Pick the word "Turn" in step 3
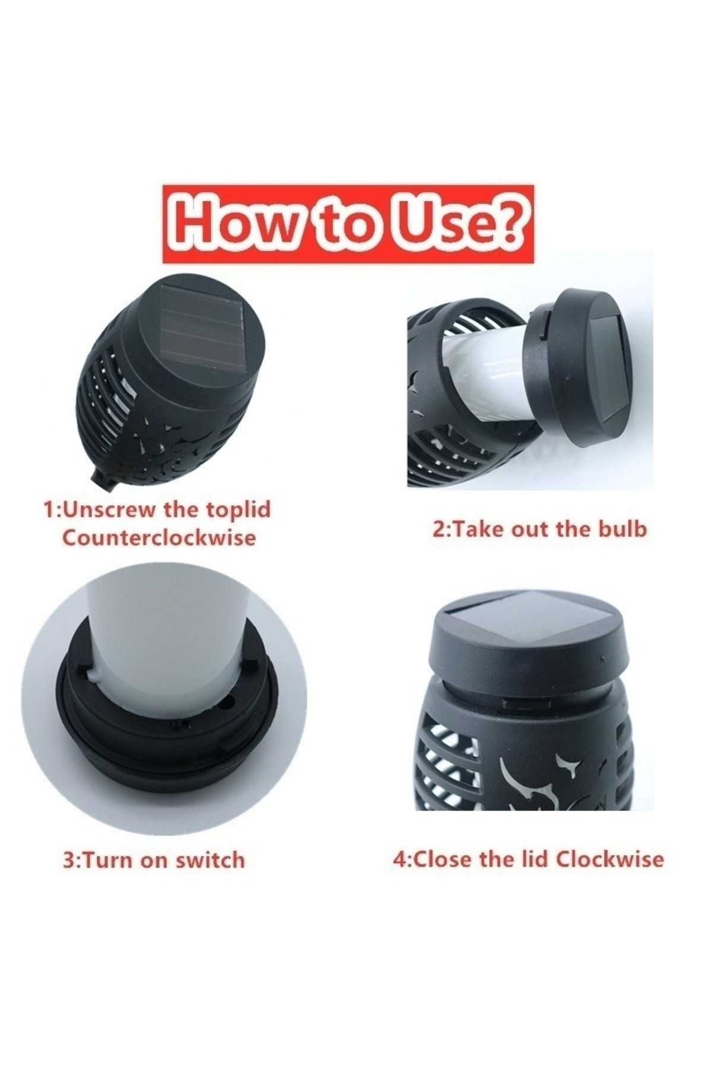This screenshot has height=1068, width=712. coord(110,860)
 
